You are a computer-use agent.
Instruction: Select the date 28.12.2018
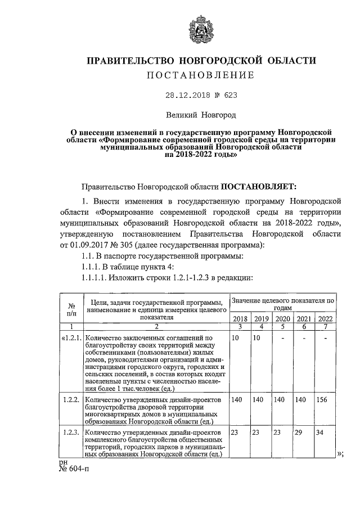tap(179, 96)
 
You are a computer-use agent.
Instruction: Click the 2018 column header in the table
tap(240, 318)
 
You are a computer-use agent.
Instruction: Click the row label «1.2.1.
tap(71, 337)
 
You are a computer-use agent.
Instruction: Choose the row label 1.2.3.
tap(71, 433)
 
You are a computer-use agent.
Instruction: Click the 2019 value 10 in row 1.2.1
tap(257, 337)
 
